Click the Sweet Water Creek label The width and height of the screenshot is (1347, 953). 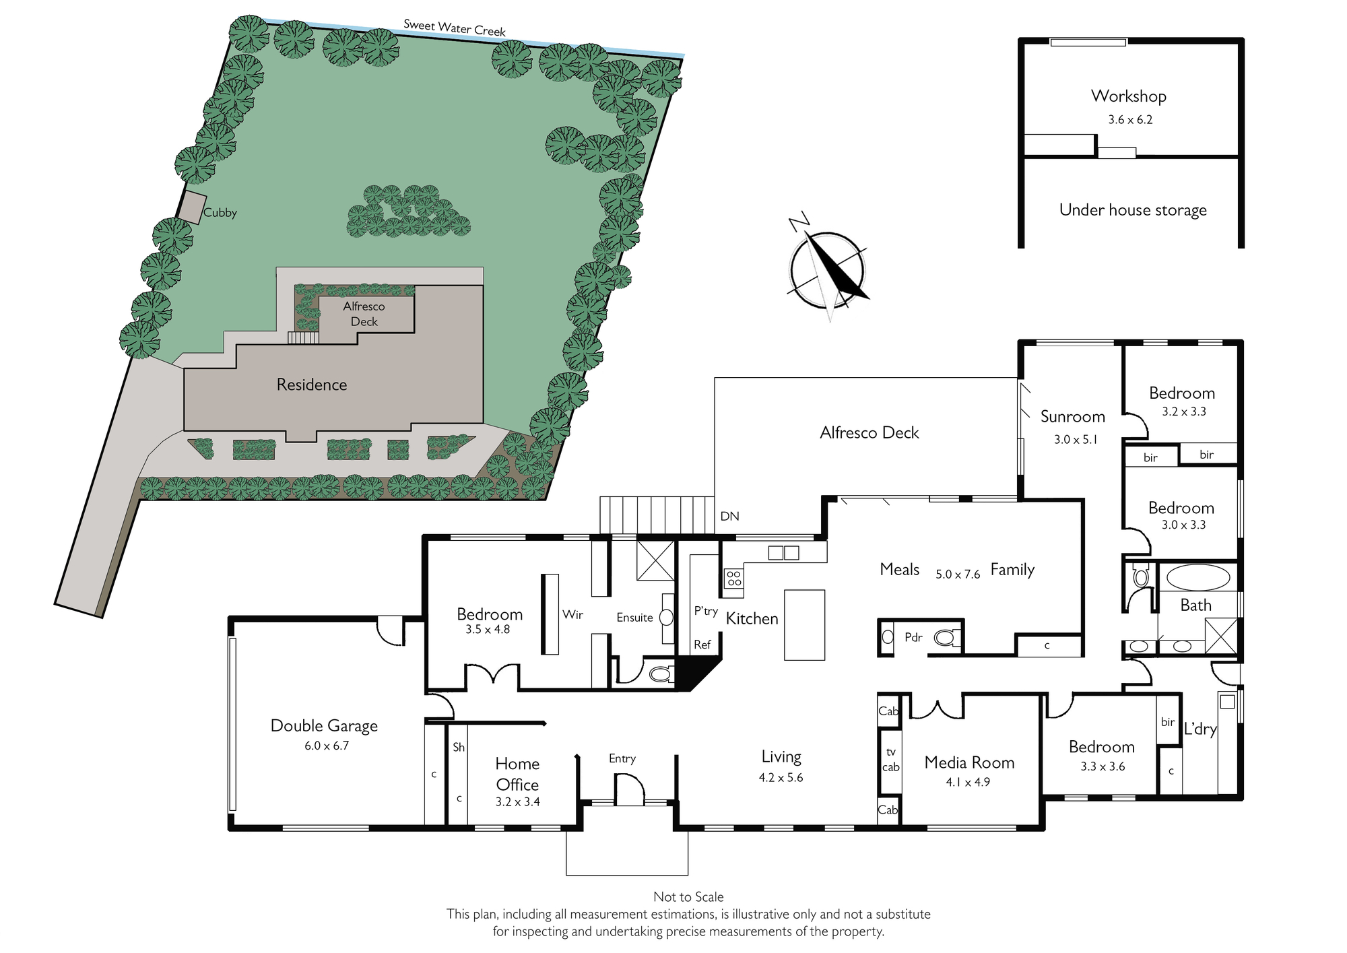455,28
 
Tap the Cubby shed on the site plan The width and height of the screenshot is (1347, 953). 192,207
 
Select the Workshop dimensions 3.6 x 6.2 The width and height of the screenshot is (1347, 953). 1130,120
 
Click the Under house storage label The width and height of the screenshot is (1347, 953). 1133,210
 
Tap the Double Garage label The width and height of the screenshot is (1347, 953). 324,726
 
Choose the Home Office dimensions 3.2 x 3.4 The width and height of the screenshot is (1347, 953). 517,802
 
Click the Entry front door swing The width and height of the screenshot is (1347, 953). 630,788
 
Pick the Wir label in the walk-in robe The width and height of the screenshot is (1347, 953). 572,614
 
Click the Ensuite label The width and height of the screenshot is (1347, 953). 634,618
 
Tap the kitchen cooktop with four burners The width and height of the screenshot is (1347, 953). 733,578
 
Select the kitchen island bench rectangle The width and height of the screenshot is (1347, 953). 804,625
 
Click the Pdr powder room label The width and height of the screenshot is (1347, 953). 913,637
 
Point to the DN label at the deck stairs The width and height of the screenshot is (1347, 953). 729,517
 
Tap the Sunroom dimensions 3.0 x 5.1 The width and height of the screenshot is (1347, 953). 1076,440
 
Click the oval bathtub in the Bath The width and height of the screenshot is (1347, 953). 1198,577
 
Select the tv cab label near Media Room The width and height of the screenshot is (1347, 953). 890,759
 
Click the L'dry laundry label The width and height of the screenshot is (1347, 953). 1200,729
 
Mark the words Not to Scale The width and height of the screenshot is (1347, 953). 688,897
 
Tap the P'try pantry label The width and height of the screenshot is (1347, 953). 706,611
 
